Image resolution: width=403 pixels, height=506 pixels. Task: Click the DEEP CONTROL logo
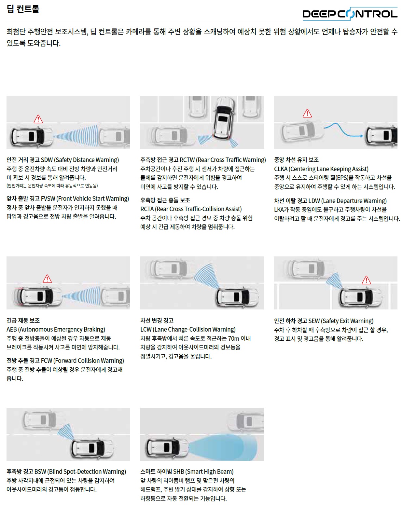point(350,14)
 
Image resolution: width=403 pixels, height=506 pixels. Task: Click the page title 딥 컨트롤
point(23,9)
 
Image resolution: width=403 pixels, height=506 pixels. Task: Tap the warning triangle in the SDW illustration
point(38,119)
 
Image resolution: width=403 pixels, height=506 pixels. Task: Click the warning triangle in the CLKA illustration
point(307,113)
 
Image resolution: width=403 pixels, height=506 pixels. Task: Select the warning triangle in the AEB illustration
point(47,279)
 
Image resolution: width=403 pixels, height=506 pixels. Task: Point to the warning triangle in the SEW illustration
point(366,280)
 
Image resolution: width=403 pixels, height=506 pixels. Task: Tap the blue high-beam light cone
point(225,447)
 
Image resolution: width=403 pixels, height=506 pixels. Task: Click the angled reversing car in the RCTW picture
point(223,117)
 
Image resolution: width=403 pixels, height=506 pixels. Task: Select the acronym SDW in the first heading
point(47,160)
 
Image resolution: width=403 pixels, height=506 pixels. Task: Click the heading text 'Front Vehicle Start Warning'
point(94,198)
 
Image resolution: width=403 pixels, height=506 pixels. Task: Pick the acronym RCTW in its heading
point(187,160)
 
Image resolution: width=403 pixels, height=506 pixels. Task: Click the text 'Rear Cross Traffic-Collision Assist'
point(199,209)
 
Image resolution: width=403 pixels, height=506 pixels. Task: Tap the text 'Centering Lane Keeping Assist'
point(329,169)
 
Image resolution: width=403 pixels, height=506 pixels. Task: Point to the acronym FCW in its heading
point(47,361)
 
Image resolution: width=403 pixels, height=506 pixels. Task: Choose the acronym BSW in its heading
point(40,472)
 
